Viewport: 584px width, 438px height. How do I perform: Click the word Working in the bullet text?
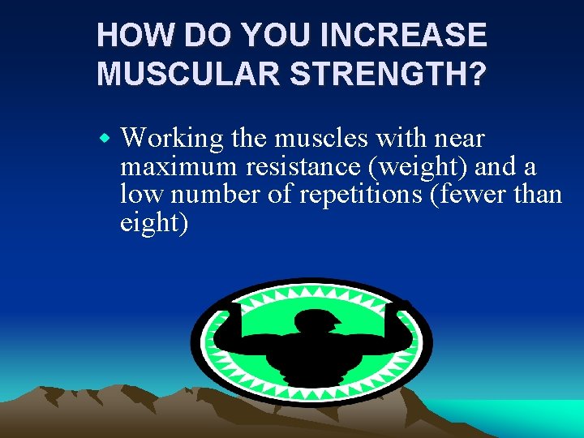171,140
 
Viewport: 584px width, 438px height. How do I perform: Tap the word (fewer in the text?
474,195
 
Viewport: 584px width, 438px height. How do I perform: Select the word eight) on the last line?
154,222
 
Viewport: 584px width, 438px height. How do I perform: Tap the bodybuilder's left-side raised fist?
235,309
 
